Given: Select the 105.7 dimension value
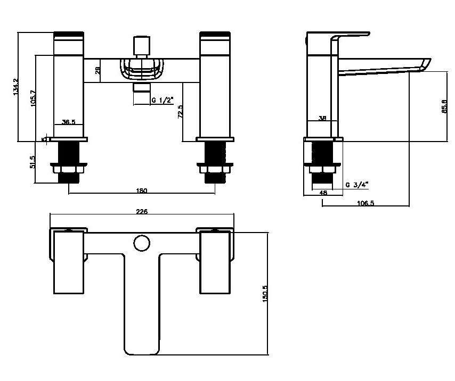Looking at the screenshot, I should [33, 98].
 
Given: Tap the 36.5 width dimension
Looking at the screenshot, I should [69, 122].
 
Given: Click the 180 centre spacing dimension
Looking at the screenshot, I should [142, 190].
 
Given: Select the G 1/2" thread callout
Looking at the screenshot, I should [162, 100].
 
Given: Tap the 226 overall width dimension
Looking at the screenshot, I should [142, 211].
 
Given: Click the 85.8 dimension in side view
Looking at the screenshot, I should [443, 107].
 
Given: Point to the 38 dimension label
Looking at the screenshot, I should [322, 119].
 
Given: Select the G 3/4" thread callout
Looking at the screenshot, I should [356, 185].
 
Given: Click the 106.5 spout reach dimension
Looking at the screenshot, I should [365, 203].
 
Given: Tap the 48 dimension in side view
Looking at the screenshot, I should [323, 192].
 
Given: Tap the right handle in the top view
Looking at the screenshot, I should [215, 264].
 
